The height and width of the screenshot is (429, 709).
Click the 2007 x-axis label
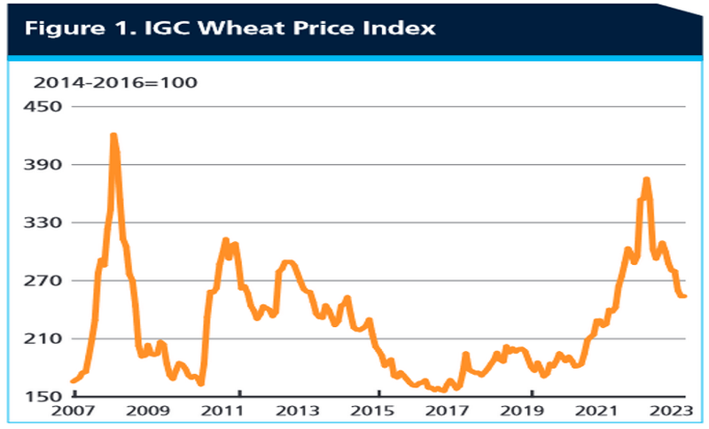pos(74,412)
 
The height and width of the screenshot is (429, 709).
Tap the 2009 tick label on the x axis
pos(149,412)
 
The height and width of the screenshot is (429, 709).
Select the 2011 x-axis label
pos(226,412)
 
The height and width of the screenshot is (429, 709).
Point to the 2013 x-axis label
pos(302,412)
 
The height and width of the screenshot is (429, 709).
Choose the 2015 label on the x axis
pos(378,412)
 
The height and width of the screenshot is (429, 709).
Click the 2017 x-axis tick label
pos(455,412)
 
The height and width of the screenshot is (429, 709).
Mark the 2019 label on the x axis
pos(531,412)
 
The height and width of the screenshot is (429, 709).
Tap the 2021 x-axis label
pos(607,412)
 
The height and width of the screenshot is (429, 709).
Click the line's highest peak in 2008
pos(113,136)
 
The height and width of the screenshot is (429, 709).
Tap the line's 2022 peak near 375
pos(646,180)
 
